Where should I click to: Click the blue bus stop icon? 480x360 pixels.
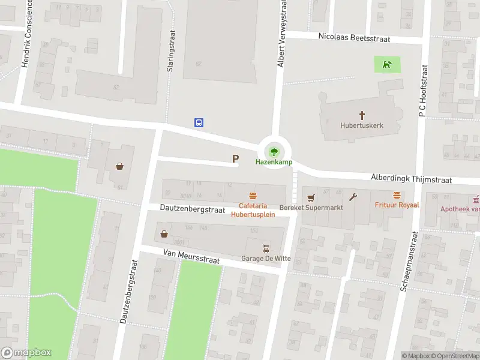[199, 122]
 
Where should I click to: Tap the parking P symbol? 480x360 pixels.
[236, 159]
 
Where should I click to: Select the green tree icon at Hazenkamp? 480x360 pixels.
[274, 151]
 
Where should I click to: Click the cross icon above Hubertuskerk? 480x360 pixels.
[362, 115]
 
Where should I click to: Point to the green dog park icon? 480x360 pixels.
[388, 64]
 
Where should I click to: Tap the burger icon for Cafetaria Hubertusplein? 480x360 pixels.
[253, 196]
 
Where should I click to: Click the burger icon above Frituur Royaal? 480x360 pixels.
[397, 195]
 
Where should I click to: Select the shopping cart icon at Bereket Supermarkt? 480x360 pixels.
[310, 197]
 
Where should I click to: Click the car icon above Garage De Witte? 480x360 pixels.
[266, 248]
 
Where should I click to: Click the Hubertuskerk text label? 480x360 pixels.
[362, 125]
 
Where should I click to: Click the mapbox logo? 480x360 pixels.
[26, 353]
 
